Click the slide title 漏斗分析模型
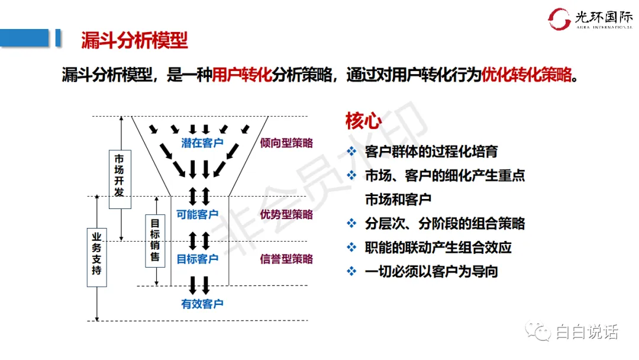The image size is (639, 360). pos(134,40)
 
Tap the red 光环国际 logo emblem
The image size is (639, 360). pos(559,19)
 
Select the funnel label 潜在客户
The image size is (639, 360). pos(202,143)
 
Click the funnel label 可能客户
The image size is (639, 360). pos(198,214)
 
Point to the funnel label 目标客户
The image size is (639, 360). pos(198,259)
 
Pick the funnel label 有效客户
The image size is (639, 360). pos(202,304)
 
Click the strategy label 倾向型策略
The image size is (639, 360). pos(286,143)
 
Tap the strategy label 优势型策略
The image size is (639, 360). pos(286,214)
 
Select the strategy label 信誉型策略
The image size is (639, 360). pos(286,259)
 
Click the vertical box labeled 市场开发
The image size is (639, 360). pos(120,179)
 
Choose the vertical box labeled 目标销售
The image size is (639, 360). pos(155,240)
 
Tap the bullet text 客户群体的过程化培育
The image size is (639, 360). pos(431,152)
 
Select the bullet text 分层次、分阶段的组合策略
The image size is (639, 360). pos(445,223)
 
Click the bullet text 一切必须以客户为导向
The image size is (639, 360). pos(431,271)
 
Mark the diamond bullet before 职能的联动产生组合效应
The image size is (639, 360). pos(352,247)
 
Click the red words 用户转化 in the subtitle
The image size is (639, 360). pos(242,75)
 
